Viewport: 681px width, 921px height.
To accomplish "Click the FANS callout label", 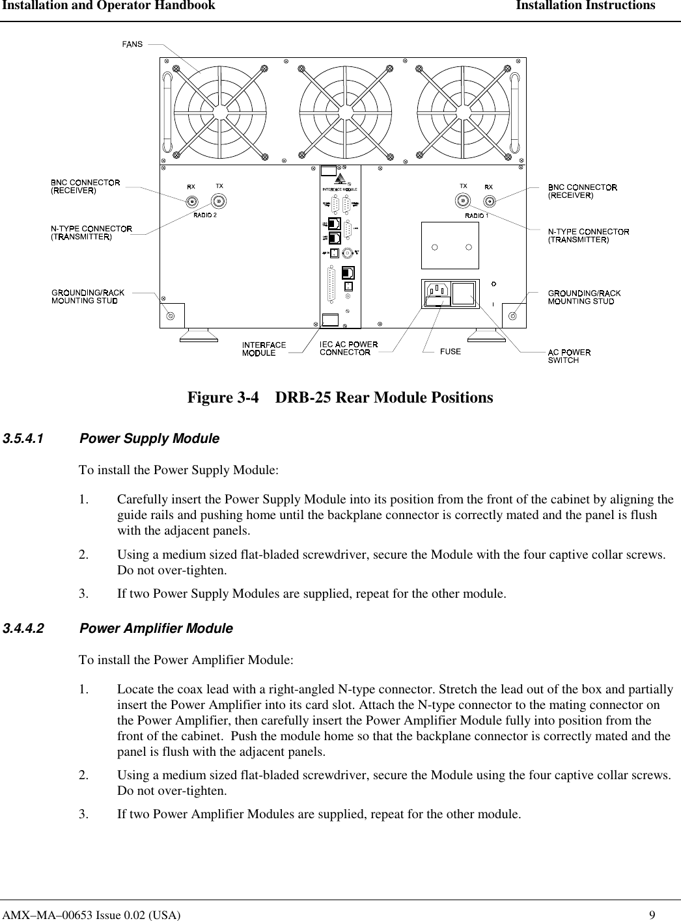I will [x=133, y=44].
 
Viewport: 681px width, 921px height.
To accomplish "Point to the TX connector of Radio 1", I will [x=464, y=201].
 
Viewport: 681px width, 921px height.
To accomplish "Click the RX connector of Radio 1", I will [x=488, y=201].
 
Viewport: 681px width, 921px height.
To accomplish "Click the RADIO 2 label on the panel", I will [x=204, y=215].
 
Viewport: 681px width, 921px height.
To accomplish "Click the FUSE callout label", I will [x=451, y=351].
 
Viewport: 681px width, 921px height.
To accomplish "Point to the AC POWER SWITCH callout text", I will [x=569, y=356].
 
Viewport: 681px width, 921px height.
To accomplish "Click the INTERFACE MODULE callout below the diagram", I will [x=264, y=349].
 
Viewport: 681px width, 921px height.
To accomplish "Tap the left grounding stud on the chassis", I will [x=171, y=316].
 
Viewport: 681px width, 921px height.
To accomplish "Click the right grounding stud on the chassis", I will [x=513, y=316].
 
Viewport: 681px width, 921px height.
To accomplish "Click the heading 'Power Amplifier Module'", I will [x=156, y=628].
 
